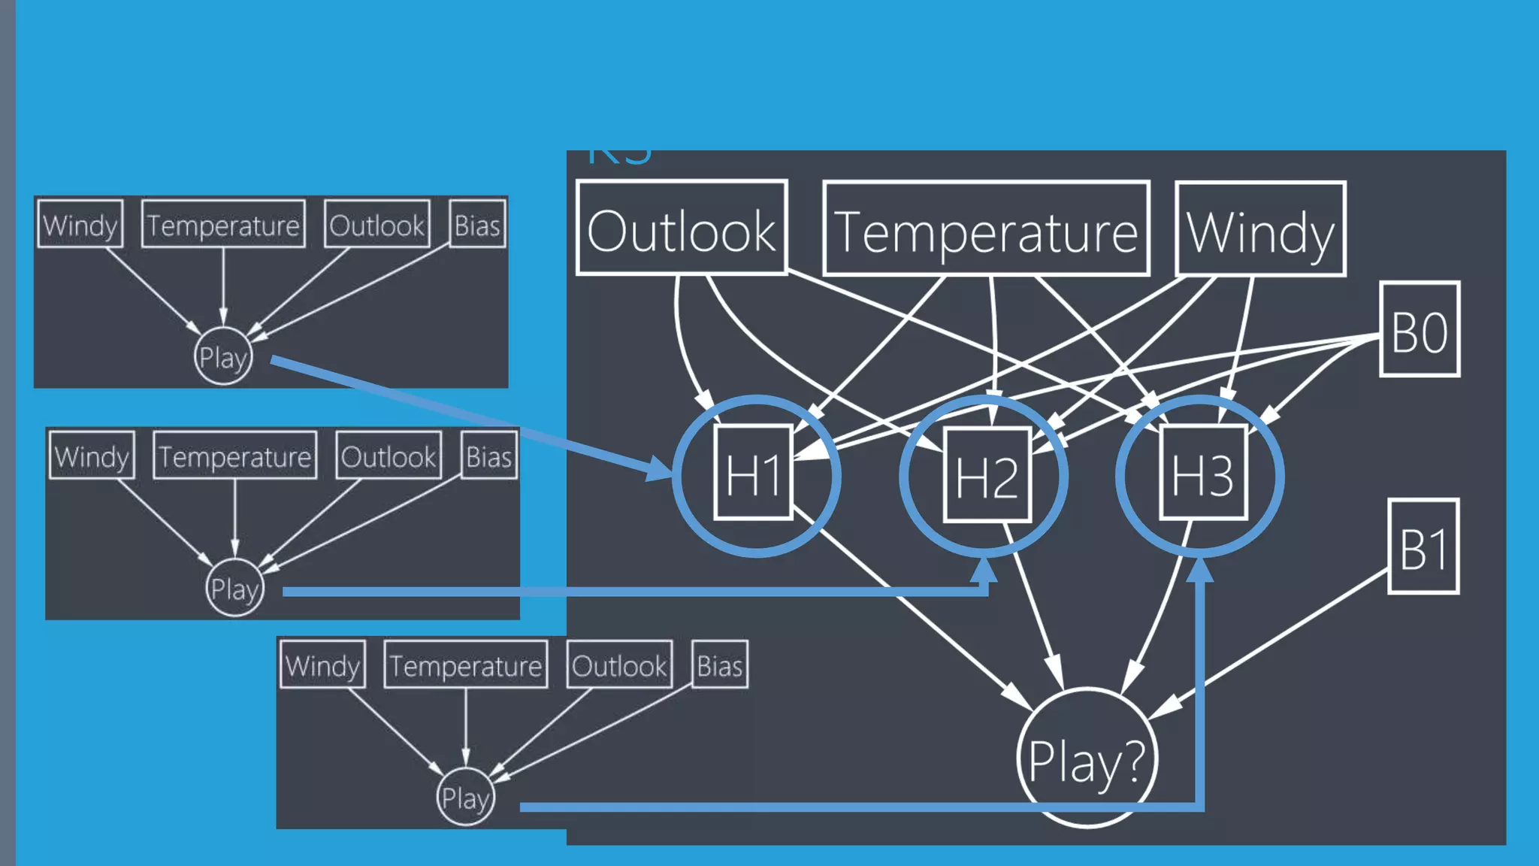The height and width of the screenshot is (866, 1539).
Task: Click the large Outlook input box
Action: [x=681, y=228]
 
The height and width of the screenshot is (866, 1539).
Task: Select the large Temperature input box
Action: [x=986, y=229]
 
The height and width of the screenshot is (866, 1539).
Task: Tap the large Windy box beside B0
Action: [x=1260, y=229]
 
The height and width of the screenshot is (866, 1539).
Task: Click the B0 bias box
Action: [x=1420, y=329]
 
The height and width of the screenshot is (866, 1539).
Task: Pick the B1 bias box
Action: [x=1423, y=547]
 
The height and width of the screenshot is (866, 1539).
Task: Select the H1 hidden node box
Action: [x=754, y=472]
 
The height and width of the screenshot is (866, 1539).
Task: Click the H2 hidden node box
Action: [x=987, y=474]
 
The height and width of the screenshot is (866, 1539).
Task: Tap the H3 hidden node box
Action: [x=1203, y=473]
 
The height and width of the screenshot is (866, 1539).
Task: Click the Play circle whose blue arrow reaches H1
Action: [x=222, y=356]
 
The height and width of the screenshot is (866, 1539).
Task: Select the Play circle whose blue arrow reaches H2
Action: [x=234, y=588]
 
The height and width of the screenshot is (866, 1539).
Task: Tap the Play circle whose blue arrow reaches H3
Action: [x=465, y=797]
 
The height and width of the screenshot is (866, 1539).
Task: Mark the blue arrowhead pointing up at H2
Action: [x=984, y=571]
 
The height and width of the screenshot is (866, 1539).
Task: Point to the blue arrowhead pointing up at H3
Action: [x=1200, y=571]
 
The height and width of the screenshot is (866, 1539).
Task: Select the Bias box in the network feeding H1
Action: [x=477, y=224]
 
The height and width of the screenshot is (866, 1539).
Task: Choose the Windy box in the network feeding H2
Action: [x=92, y=456]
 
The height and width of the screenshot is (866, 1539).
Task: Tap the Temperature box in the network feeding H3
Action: [x=465, y=665]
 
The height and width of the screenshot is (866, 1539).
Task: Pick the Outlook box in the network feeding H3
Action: [x=619, y=665]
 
